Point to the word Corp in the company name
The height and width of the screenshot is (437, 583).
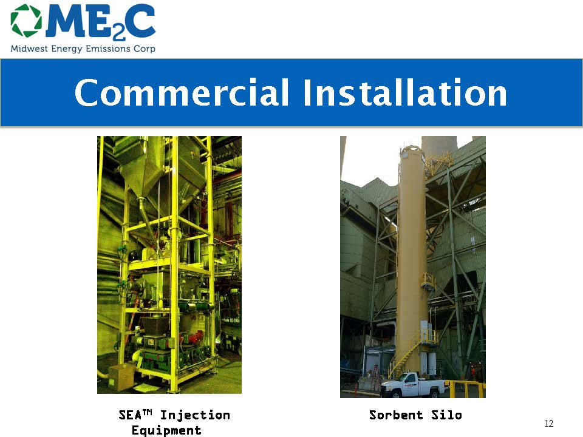click(x=145, y=49)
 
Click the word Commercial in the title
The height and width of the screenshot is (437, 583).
click(x=182, y=92)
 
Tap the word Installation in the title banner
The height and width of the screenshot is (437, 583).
click(x=405, y=92)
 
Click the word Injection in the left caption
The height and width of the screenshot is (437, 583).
click(x=195, y=415)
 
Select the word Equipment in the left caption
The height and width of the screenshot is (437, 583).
click(x=166, y=430)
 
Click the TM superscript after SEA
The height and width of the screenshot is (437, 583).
click(x=148, y=412)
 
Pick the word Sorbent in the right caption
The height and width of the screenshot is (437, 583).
click(x=396, y=415)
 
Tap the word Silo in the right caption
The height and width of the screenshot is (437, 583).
click(x=446, y=415)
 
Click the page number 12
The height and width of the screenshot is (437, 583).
click(x=549, y=423)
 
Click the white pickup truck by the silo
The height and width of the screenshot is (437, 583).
click(x=414, y=385)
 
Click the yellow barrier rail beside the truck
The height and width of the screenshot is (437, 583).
click(x=467, y=388)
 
